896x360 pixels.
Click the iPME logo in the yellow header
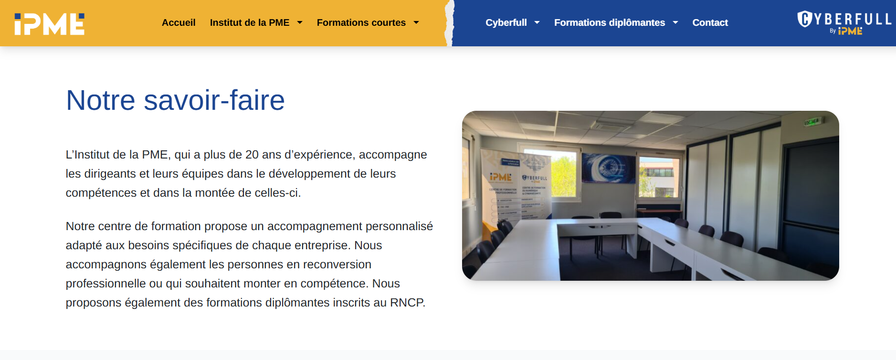(x=49, y=24)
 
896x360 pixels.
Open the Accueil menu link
(x=179, y=22)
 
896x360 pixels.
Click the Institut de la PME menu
(x=249, y=22)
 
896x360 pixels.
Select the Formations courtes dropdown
(x=361, y=22)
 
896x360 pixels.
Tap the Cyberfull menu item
(x=506, y=22)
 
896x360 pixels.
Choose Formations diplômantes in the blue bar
(x=609, y=22)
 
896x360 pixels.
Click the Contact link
(x=710, y=22)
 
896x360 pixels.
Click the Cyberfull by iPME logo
(x=843, y=23)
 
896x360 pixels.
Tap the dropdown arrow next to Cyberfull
(x=537, y=22)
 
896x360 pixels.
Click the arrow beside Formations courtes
(x=416, y=22)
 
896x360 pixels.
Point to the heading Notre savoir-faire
(x=175, y=100)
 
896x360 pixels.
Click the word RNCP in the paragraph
(x=407, y=303)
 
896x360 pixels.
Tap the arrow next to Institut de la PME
(x=300, y=22)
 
